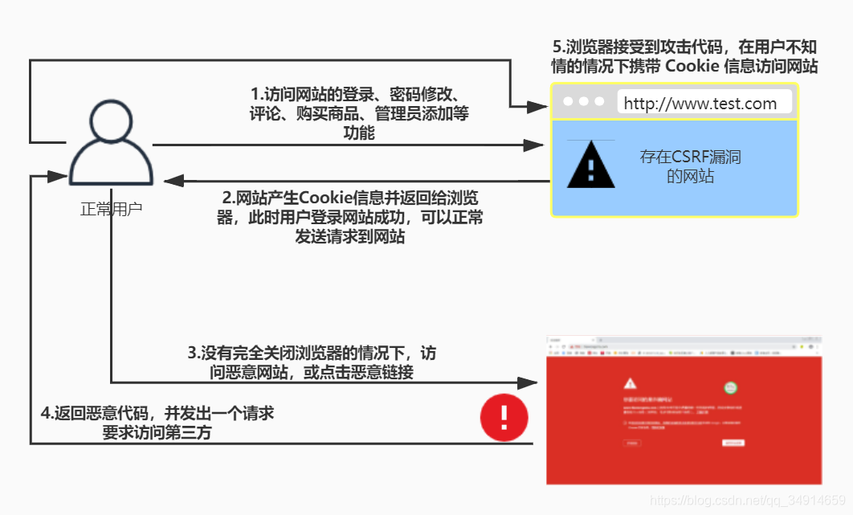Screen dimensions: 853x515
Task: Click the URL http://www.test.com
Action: pos(700,103)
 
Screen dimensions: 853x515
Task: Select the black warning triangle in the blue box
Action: pos(590,166)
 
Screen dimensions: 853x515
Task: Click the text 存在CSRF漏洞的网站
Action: pos(690,166)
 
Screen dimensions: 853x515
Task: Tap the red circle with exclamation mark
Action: pos(504,417)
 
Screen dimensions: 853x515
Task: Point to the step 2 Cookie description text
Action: pos(351,217)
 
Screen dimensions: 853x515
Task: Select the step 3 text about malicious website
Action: pos(312,362)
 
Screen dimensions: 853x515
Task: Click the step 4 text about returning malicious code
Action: pos(157,423)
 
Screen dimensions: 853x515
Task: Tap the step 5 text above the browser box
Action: pos(684,56)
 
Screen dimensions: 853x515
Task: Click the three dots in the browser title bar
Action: pos(584,102)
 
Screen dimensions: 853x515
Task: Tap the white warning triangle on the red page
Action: pos(630,382)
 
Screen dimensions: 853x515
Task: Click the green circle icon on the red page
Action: pos(731,388)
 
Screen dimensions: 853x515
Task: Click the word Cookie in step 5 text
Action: pos(692,66)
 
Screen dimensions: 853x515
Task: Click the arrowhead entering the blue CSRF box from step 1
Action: pos(533,145)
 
